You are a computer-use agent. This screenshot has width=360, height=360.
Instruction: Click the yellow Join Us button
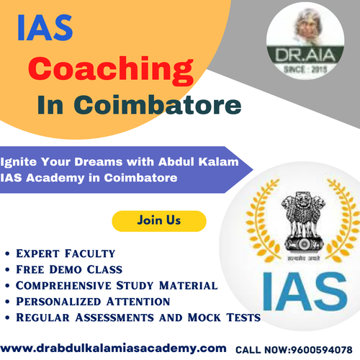coord(159,220)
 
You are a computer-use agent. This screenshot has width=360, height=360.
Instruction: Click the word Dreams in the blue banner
coord(94,163)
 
